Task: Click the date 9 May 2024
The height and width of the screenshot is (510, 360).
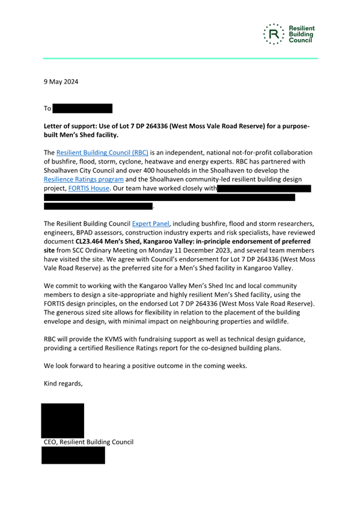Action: point(61,81)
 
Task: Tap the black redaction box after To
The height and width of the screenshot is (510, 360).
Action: point(82,109)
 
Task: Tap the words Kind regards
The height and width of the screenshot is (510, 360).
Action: point(63,383)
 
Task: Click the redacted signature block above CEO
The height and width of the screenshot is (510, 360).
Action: point(63,420)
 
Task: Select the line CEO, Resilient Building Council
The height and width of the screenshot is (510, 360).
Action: point(88,442)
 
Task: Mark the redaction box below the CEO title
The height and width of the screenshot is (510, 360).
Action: point(73,455)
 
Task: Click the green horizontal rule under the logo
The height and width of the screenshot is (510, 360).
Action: point(180,58)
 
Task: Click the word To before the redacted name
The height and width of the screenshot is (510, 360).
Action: point(47,109)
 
